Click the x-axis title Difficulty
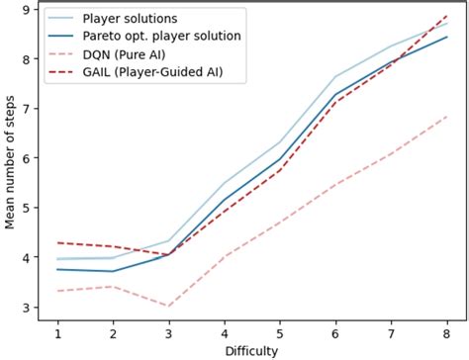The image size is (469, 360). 251,350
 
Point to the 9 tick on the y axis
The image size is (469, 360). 26,9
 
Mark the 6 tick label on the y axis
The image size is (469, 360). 26,158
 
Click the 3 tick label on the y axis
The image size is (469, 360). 26,308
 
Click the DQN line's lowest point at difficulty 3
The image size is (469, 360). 169,306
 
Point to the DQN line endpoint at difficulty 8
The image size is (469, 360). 447,117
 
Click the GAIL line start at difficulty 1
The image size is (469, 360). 57,242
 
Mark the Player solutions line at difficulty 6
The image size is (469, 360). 335,77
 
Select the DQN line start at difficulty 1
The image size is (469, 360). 57,291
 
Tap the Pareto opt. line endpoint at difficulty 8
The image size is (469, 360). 447,37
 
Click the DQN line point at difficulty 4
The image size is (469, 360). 225,256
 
